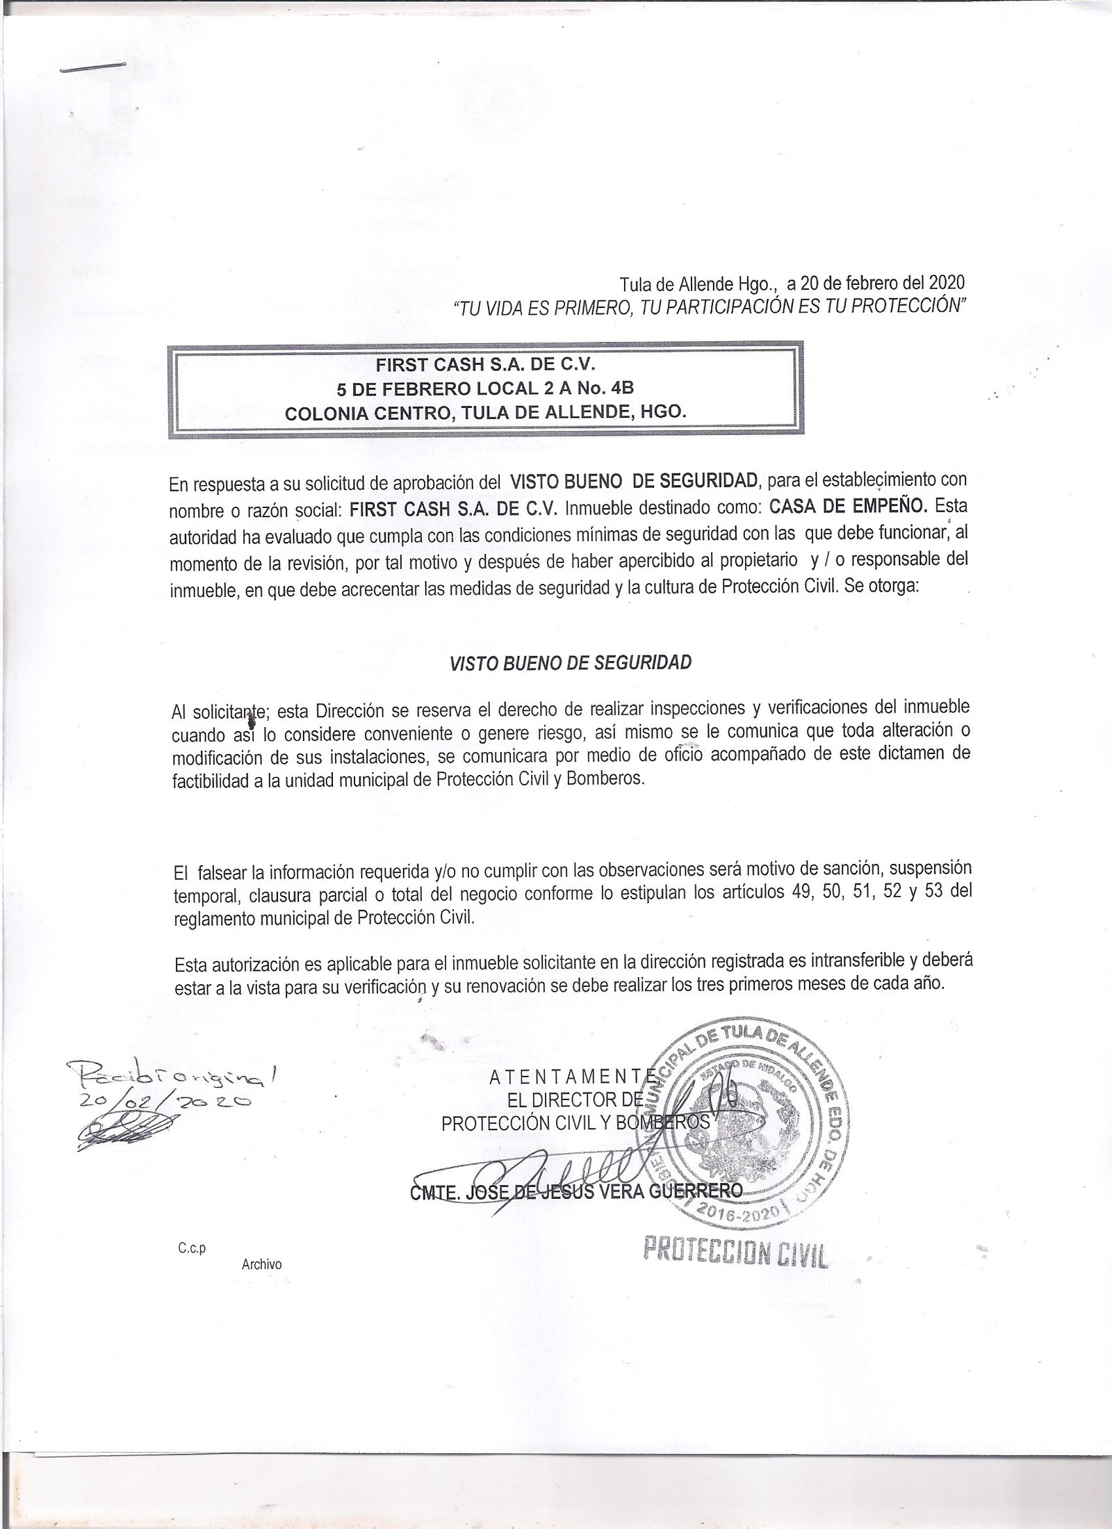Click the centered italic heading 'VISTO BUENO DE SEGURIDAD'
pyautogui.click(x=571, y=662)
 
